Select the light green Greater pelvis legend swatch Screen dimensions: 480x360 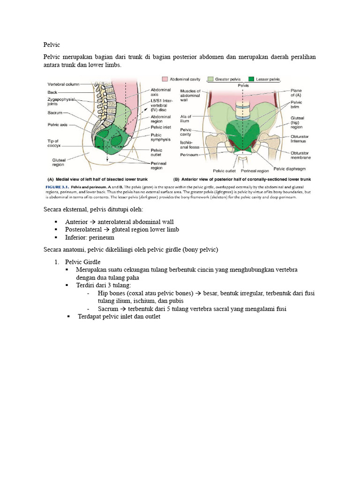[x=210, y=80]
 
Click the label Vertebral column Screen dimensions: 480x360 [x=63, y=84]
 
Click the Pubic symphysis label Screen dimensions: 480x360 [x=160, y=137]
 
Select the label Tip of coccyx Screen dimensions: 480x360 [x=53, y=143]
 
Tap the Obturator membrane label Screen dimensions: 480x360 [x=300, y=155]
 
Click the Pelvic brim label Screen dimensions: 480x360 [x=297, y=105]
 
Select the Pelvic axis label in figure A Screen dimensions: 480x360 [x=59, y=125]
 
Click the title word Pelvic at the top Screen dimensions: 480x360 [x=51, y=45]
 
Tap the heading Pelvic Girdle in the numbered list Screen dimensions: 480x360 [x=82, y=262]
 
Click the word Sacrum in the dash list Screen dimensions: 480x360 [x=108, y=309]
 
